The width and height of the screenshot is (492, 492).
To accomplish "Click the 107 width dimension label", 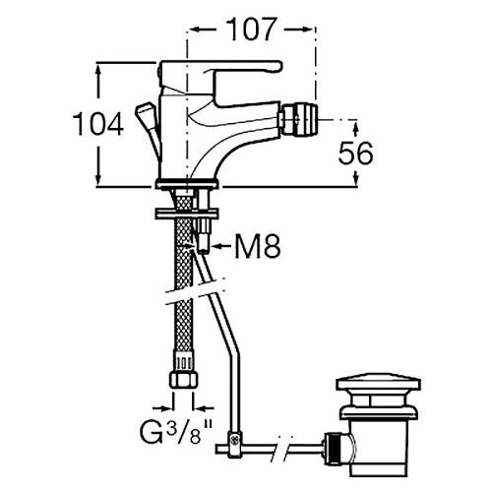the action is [x=251, y=30].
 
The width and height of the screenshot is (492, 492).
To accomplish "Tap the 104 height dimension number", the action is [x=98, y=124].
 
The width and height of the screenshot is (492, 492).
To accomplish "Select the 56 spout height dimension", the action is [x=355, y=154].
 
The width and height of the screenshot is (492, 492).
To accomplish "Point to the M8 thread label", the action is [x=258, y=246].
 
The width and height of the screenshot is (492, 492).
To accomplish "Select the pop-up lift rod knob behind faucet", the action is [x=145, y=115].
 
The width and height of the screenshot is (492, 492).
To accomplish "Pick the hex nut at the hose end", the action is [x=184, y=380].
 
